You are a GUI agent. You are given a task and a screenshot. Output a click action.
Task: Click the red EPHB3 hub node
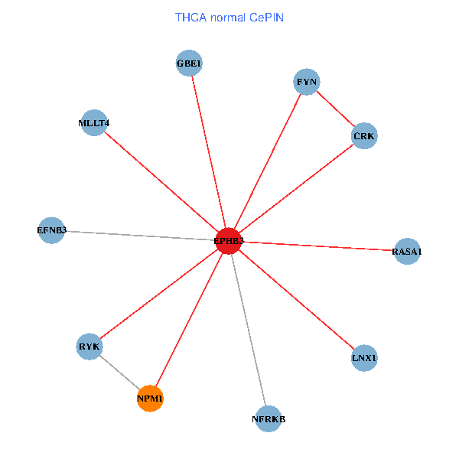229,241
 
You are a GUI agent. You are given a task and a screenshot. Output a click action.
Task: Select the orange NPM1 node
150,399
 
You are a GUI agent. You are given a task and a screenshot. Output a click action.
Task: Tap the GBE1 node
188,63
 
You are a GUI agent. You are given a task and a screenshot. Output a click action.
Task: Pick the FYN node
306,82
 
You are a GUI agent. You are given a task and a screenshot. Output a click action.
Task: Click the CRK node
364,136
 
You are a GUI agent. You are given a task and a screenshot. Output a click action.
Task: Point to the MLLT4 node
93,122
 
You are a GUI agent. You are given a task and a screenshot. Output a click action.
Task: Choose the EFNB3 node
52,230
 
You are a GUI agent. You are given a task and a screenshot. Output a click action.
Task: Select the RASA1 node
407,251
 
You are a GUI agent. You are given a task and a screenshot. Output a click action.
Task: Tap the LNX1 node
365,358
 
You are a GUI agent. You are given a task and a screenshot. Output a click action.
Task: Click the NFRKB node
269,418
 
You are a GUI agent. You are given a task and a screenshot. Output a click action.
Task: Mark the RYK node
90,347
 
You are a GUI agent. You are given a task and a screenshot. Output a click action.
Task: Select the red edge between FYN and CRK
335,109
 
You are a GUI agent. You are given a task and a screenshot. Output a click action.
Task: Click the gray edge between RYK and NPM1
120,373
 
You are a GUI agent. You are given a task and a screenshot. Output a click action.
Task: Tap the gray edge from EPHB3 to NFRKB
249,330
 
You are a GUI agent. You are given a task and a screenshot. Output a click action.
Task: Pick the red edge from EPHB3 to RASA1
317,246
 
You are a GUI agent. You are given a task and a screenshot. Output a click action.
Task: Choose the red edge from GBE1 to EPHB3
208,151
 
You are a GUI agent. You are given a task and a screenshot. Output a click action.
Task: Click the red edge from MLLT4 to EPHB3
161,181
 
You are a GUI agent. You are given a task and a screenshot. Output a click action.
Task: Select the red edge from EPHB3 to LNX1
297,299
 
